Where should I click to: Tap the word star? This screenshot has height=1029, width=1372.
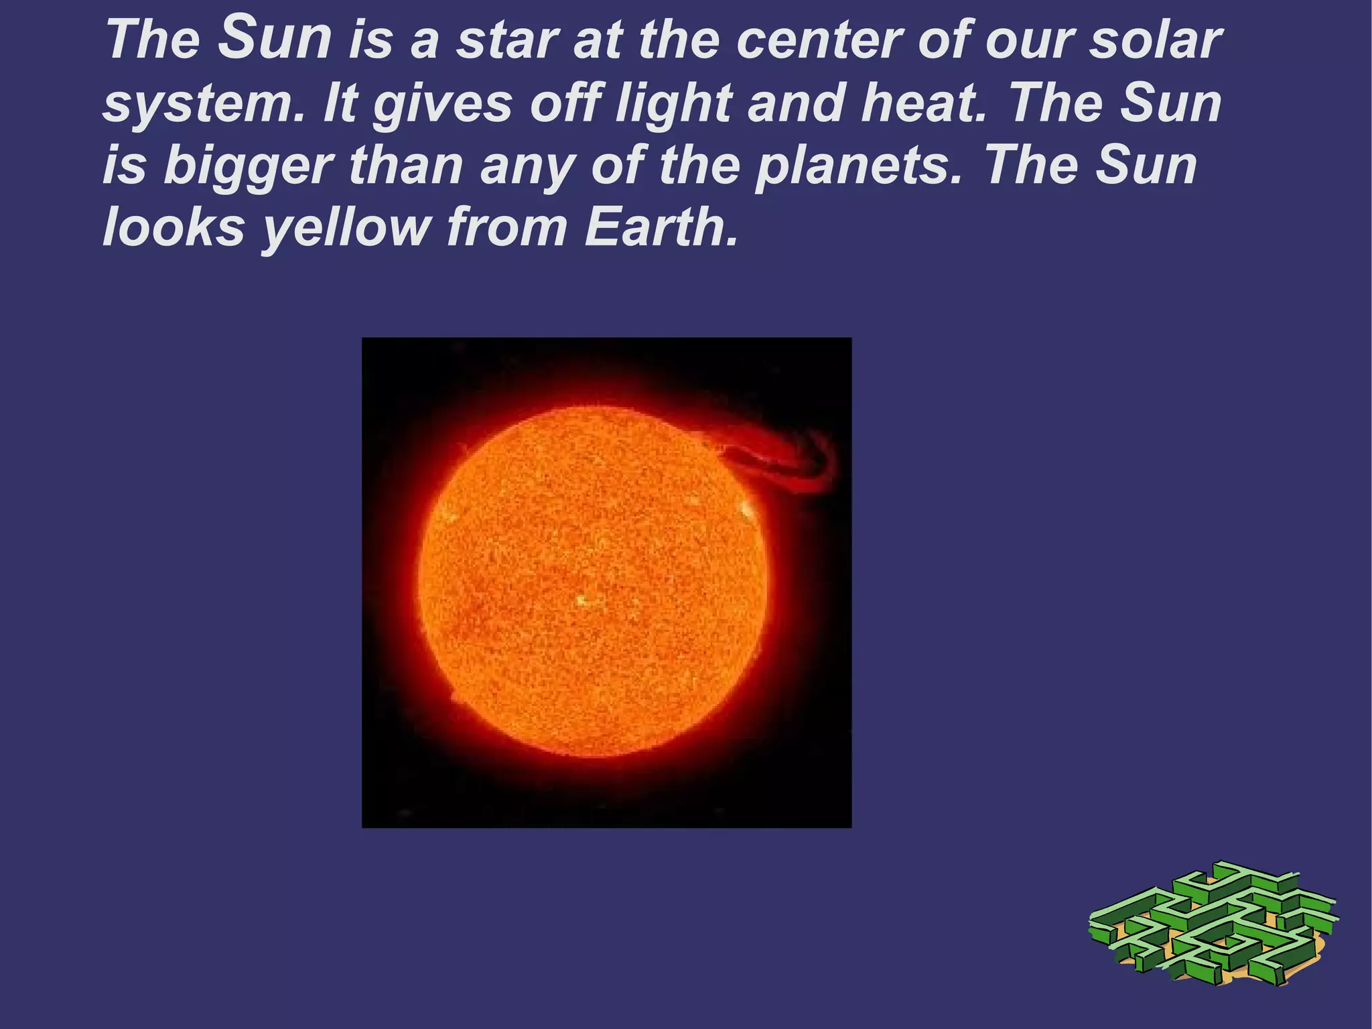click(x=507, y=40)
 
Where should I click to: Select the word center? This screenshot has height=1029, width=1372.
click(x=819, y=40)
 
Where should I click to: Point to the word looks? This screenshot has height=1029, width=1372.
click(x=174, y=228)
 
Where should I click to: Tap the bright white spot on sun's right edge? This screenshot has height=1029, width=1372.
click(x=746, y=512)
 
